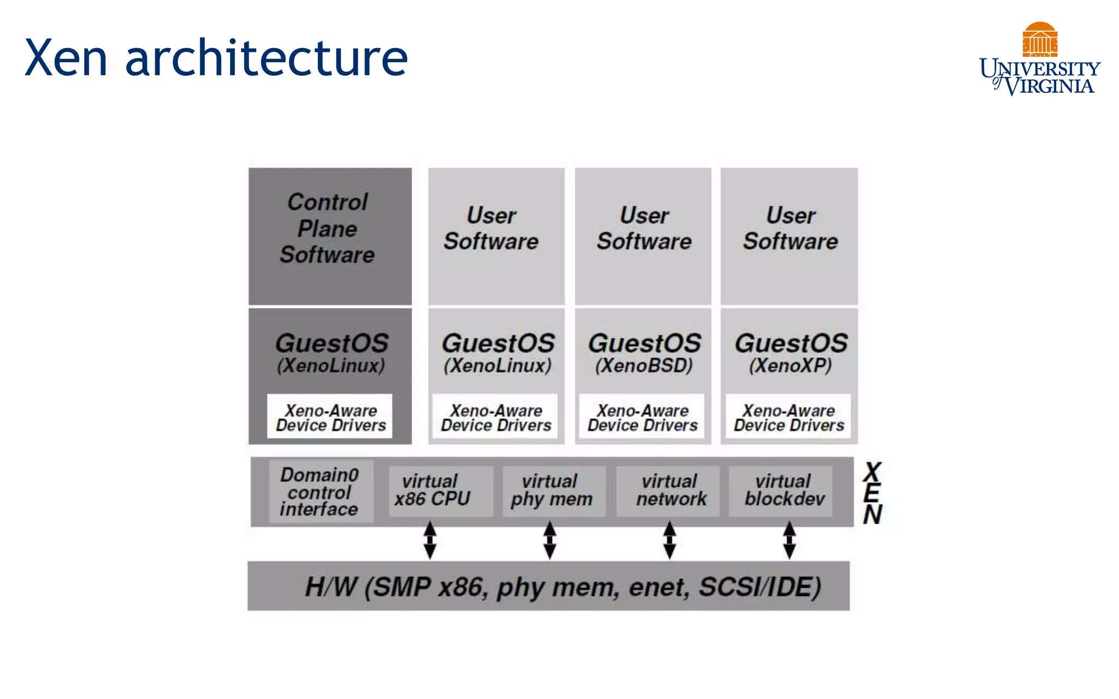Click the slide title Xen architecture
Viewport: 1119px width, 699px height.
216,58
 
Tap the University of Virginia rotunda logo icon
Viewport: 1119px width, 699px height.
1040,39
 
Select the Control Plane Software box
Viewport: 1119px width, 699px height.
329,235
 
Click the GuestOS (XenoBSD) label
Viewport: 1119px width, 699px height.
644,353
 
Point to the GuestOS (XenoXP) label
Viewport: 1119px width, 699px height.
790,353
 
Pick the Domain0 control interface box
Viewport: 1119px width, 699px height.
321,491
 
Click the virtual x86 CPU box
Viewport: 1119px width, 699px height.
440,490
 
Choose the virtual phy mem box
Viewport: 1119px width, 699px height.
553,490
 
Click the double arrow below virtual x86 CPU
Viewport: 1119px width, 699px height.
430,540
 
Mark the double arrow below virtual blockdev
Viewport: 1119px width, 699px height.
789,540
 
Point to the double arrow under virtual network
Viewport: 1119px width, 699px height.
669,540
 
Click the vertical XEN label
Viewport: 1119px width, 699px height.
873,494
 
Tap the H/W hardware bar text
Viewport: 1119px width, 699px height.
563,587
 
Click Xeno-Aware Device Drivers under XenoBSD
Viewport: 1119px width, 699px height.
642,418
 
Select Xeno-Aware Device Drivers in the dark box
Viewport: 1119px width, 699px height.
330,418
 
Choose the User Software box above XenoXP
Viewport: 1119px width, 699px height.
790,235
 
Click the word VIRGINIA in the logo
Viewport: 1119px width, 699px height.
1049,86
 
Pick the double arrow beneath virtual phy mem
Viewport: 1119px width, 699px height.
550,540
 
